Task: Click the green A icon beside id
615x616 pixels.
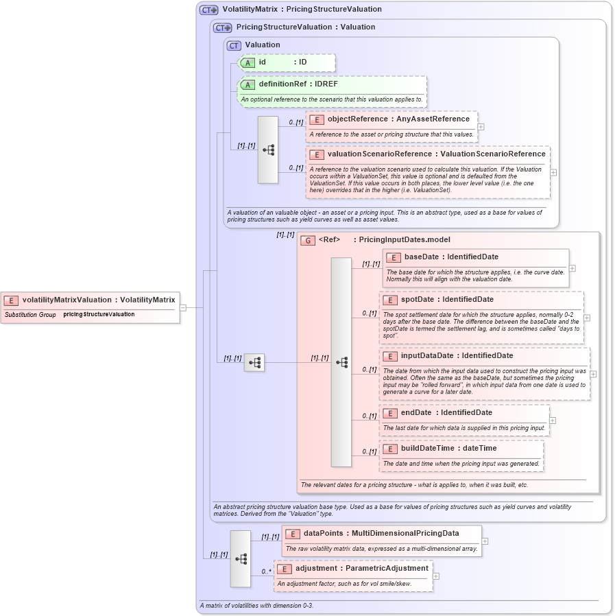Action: [248, 62]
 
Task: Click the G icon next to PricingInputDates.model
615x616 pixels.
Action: [308, 240]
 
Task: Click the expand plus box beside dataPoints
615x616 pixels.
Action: [485, 541]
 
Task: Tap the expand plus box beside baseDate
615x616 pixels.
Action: [572, 268]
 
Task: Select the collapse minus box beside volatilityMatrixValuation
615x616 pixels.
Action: [183, 308]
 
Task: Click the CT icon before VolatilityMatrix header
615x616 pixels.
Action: [208, 10]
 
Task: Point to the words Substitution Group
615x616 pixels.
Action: [30, 315]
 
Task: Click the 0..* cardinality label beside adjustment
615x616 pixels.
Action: [267, 571]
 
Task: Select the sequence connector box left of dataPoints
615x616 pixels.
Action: [241, 558]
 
